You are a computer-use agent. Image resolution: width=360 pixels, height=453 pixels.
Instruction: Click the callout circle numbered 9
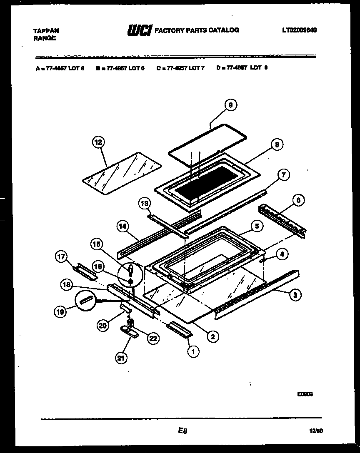tap(230, 105)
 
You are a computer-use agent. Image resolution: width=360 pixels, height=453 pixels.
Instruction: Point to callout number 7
tap(283, 175)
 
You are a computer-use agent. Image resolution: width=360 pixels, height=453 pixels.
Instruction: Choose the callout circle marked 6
tap(298, 201)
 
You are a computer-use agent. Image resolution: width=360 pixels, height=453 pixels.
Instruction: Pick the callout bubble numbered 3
tap(295, 295)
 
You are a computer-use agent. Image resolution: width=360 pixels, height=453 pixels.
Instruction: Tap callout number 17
tap(61, 257)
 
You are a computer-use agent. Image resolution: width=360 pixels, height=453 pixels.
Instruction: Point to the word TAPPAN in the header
tap(46, 31)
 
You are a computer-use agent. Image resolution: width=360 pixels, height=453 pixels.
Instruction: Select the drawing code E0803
tap(305, 393)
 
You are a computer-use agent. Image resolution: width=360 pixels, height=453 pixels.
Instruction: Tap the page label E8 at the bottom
tap(182, 431)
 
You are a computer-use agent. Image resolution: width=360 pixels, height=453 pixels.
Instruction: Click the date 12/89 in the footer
tap(316, 431)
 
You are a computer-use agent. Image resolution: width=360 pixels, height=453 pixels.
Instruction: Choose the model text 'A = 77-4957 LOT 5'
tap(60, 68)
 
